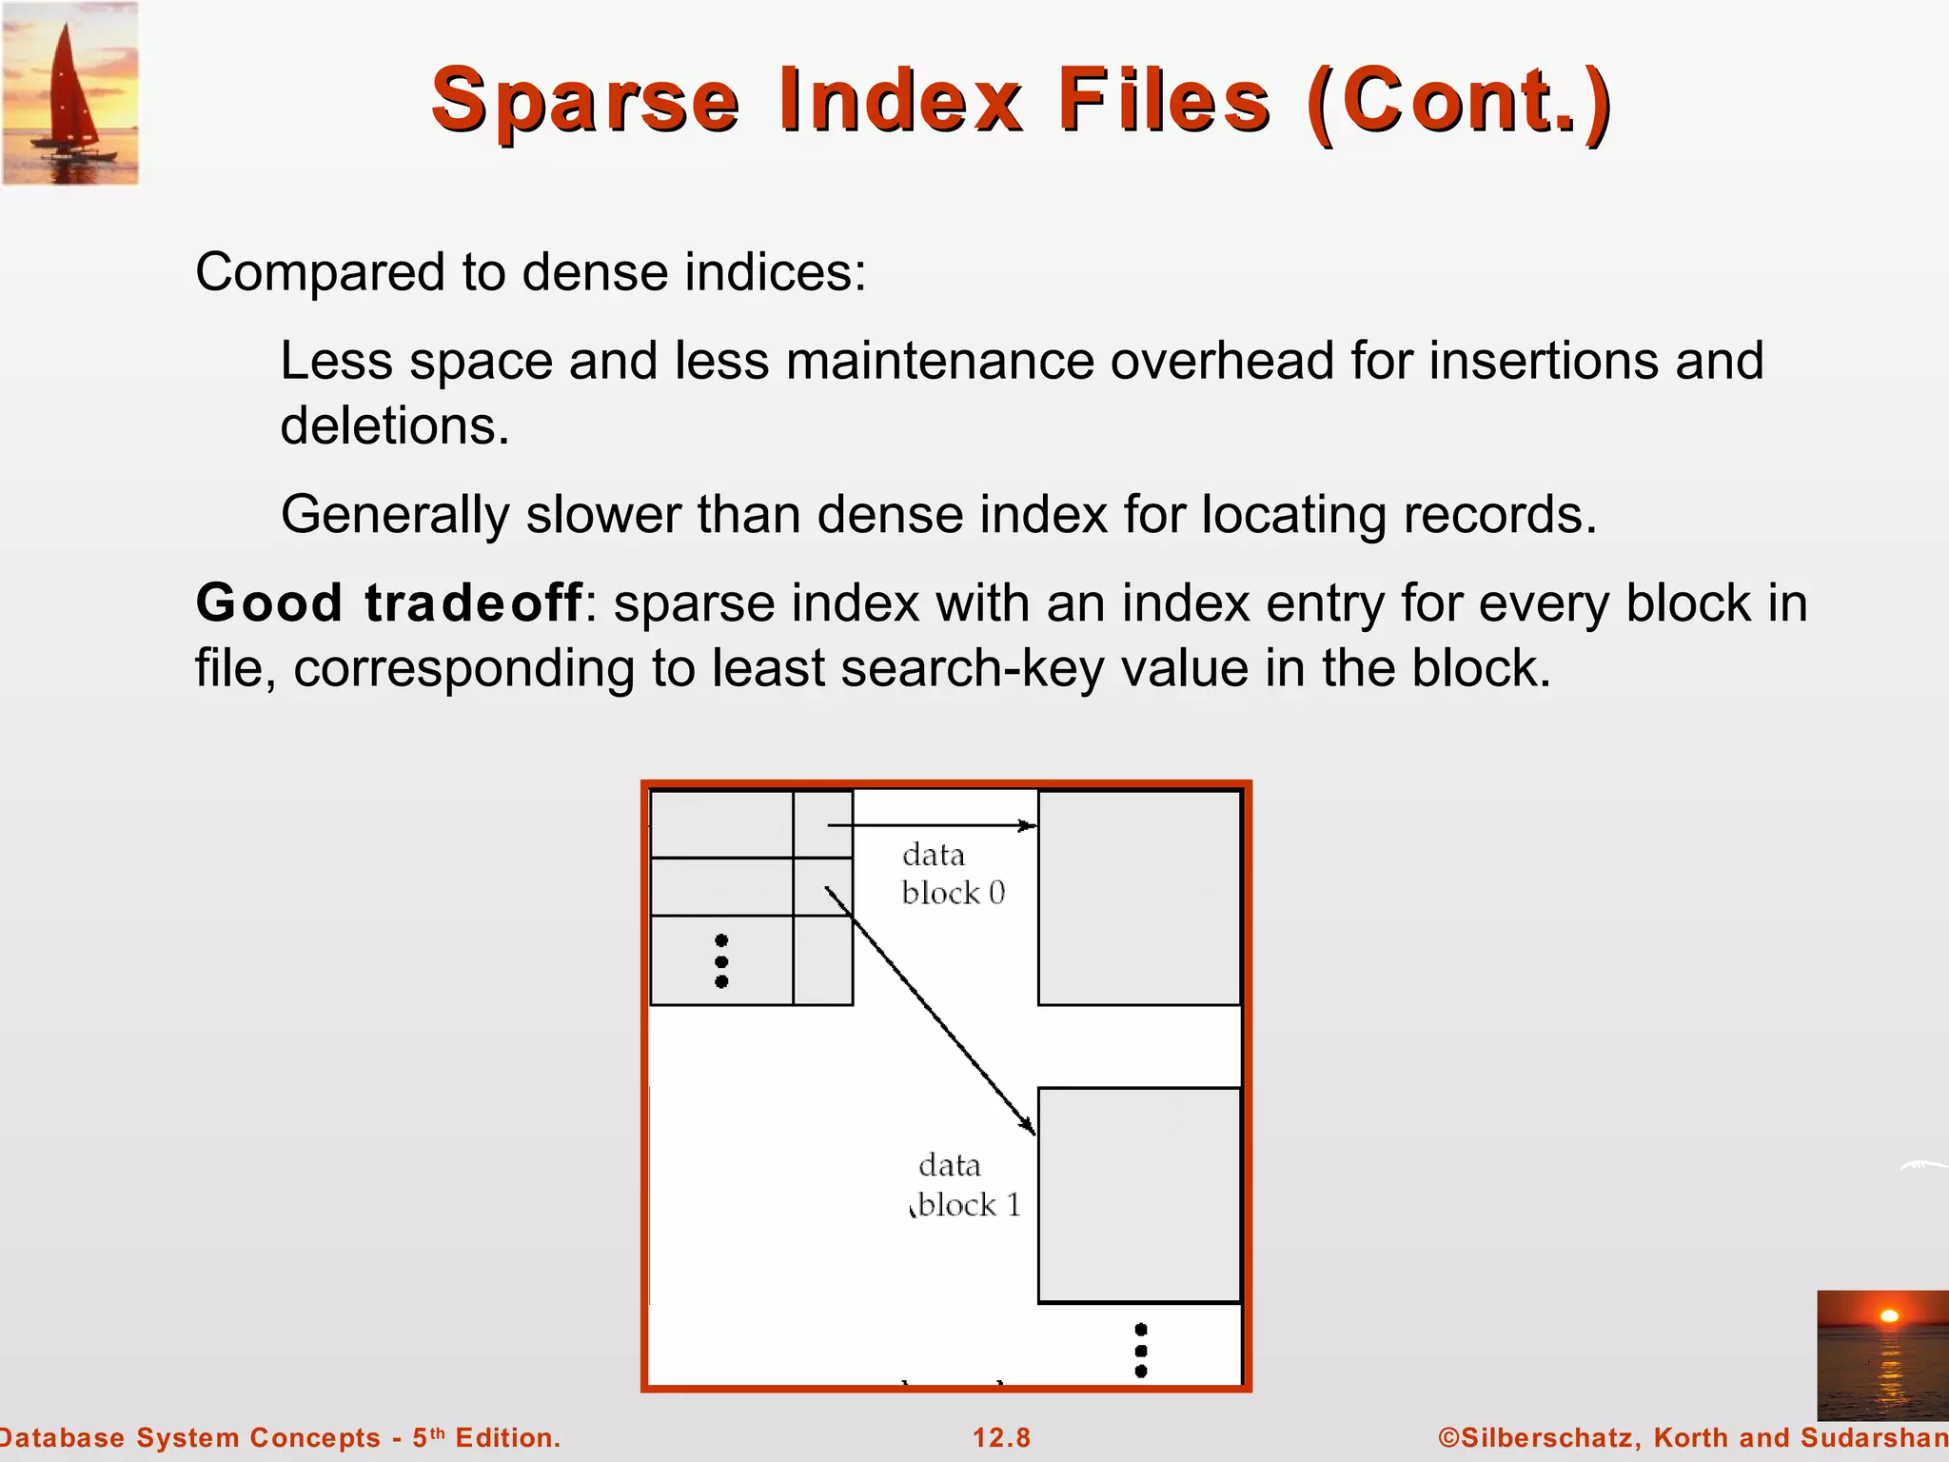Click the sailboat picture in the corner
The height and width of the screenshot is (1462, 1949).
pyautogui.click(x=70, y=93)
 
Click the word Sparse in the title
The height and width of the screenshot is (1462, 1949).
pyautogui.click(x=585, y=101)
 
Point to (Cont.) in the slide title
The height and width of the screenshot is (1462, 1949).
pyautogui.click(x=1459, y=101)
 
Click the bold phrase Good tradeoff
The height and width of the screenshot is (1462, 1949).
pyautogui.click(x=388, y=603)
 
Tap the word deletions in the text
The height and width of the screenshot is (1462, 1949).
pyautogui.click(x=395, y=425)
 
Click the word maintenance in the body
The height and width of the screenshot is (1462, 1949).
pyautogui.click(x=939, y=362)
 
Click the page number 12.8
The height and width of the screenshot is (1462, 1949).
pyautogui.click(x=1001, y=1437)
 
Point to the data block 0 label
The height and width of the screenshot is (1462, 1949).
pyautogui.click(x=952, y=874)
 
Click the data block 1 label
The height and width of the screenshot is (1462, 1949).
pyautogui.click(x=967, y=1185)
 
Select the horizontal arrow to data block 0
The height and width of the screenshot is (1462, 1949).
pyautogui.click(x=933, y=825)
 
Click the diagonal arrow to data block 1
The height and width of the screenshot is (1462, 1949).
pyautogui.click(x=930, y=1011)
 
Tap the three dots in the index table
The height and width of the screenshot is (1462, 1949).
pyautogui.click(x=721, y=961)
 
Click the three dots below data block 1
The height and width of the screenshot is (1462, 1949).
pyautogui.click(x=1141, y=1350)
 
